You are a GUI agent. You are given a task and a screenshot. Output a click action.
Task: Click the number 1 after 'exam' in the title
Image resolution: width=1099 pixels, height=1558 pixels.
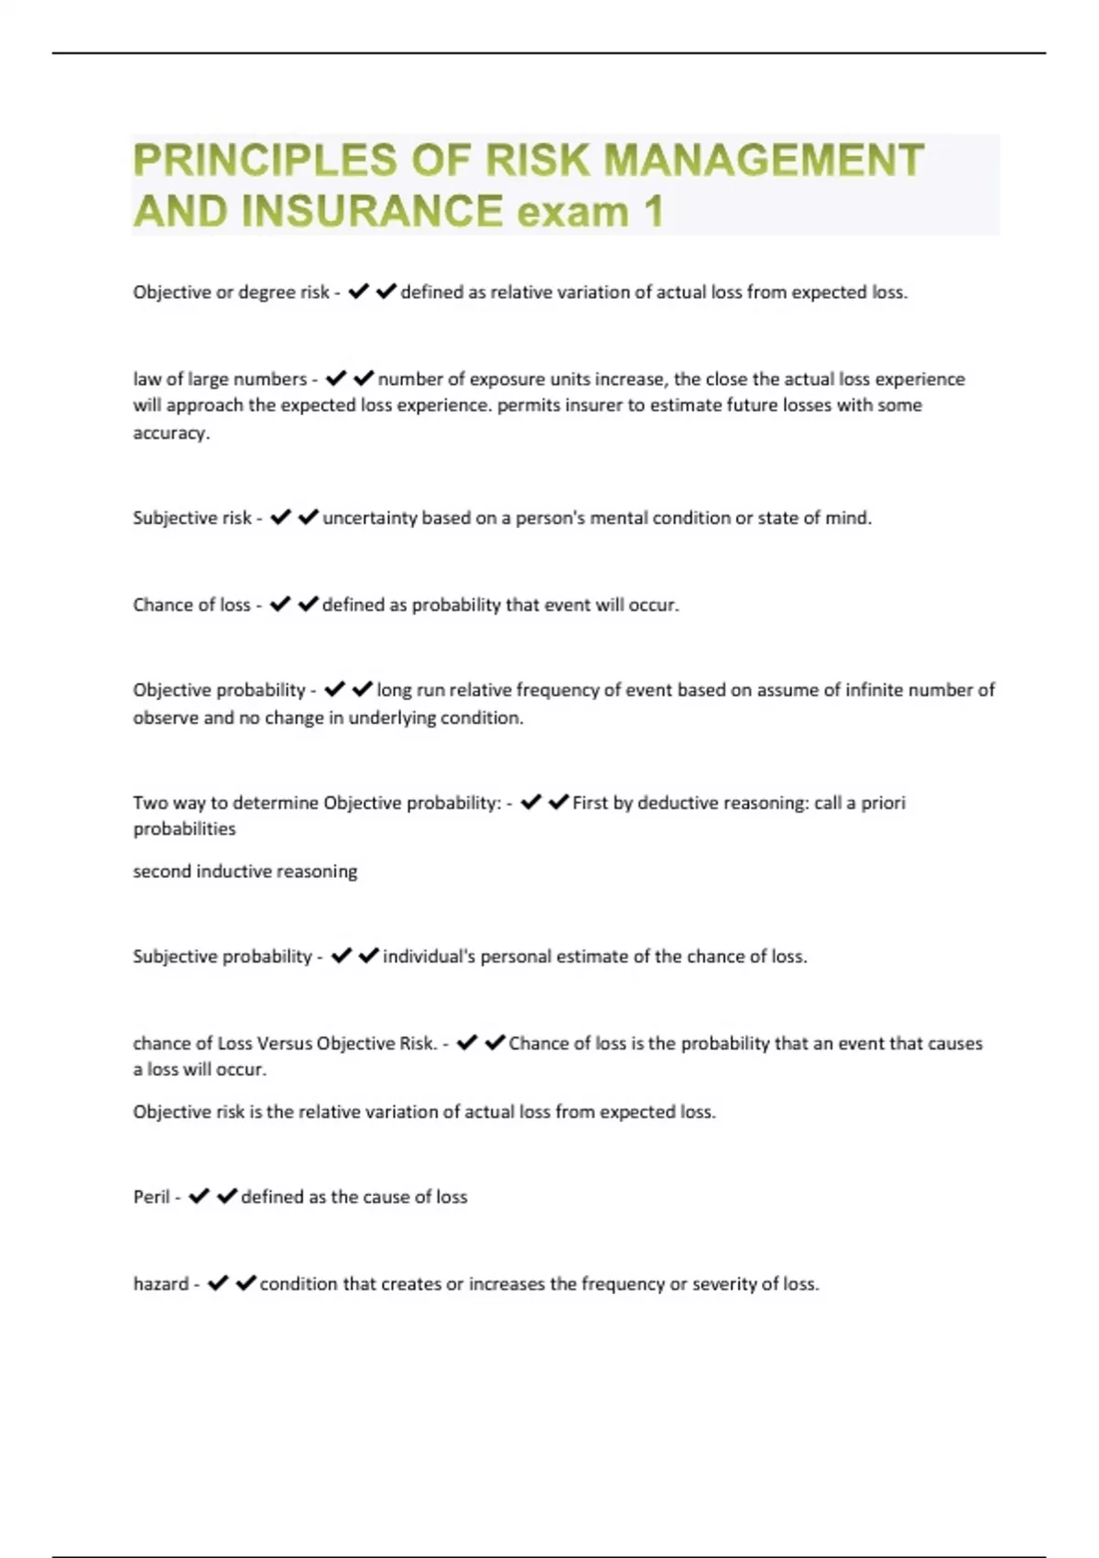(x=653, y=212)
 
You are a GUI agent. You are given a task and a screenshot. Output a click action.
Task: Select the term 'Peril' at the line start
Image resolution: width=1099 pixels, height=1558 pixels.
(x=151, y=1197)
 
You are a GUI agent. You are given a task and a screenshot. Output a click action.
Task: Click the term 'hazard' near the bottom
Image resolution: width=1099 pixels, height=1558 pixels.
(x=160, y=1284)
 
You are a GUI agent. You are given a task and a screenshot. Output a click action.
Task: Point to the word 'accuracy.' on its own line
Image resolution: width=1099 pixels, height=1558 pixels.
(x=171, y=433)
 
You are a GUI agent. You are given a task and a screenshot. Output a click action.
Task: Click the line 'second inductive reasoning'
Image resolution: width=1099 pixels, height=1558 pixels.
(x=245, y=872)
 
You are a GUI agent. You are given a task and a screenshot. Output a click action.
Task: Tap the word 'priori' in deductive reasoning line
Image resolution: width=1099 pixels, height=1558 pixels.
(x=883, y=803)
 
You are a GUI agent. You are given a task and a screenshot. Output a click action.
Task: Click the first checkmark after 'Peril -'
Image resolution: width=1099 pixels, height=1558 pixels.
(x=199, y=1196)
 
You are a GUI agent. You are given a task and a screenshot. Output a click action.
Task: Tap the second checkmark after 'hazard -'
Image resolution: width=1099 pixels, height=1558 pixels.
(x=245, y=1283)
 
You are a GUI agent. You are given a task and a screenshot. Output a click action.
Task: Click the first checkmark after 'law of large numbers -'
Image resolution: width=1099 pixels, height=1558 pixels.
(x=336, y=378)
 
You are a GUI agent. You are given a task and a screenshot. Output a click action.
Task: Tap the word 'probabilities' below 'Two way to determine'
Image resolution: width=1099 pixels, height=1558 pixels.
(x=184, y=828)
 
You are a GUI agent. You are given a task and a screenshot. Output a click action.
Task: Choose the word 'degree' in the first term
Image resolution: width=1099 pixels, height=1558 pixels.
(x=267, y=292)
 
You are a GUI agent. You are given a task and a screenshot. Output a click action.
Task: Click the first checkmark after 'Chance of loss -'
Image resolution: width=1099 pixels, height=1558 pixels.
(x=280, y=604)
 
